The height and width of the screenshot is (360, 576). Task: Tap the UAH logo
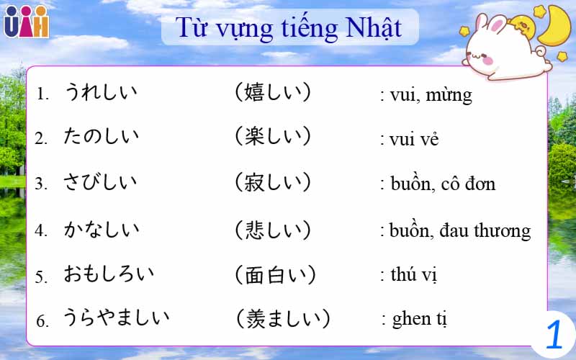[x=26, y=22]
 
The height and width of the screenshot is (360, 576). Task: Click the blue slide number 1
[x=554, y=335]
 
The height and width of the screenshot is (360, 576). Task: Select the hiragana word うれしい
[x=100, y=92]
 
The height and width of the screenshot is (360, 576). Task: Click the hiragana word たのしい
[x=100, y=137]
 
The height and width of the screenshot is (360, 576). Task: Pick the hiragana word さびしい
[x=100, y=182]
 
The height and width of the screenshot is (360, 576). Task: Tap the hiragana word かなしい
[x=100, y=230]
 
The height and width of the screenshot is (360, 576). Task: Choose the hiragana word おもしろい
[x=108, y=274]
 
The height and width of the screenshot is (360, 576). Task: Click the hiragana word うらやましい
[x=116, y=318]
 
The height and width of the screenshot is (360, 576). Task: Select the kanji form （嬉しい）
[x=273, y=92]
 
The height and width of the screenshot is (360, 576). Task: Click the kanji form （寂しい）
[x=273, y=182]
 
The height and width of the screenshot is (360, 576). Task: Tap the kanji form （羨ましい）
[x=283, y=318]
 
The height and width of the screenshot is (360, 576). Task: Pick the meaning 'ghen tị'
[x=418, y=319]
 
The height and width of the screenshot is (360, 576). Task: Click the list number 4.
[x=42, y=231]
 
